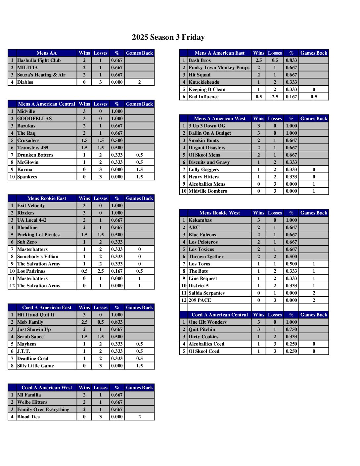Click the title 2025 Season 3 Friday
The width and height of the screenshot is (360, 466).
(x=168, y=37)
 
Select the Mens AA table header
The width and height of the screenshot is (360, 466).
(x=46, y=53)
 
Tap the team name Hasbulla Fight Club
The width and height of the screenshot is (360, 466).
(x=39, y=60)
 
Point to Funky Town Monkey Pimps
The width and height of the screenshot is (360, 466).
(x=219, y=68)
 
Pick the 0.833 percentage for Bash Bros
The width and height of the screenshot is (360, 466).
(x=291, y=60)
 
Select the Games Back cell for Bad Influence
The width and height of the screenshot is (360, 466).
(x=314, y=97)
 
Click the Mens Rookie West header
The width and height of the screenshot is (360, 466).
(x=220, y=213)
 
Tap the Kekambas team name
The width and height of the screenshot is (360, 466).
(x=200, y=220)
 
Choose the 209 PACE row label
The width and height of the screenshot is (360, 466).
(x=200, y=300)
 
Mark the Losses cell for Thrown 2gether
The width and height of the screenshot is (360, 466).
(x=275, y=256)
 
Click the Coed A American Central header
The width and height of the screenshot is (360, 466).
(x=220, y=315)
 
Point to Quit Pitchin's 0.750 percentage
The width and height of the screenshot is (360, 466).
(x=291, y=329)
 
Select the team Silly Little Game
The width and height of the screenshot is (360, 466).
(x=35, y=366)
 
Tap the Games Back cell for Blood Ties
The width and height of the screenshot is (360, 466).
(x=139, y=417)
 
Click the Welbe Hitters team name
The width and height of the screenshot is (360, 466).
(x=32, y=402)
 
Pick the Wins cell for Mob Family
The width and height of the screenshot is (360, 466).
(x=84, y=322)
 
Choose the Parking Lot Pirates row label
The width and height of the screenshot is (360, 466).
(x=38, y=235)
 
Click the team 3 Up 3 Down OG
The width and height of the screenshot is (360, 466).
(x=207, y=126)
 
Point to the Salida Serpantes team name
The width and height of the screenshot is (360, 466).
(x=206, y=293)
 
